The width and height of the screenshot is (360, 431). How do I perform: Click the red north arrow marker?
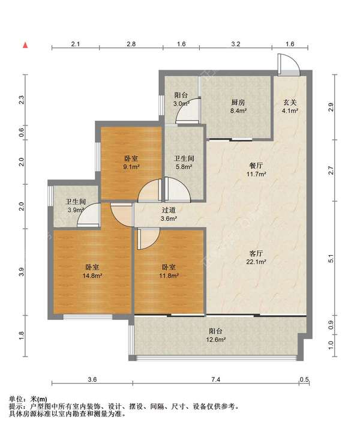[x=25, y=45]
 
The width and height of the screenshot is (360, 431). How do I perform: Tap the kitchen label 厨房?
[x=238, y=103]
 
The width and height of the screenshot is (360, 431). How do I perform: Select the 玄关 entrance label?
[x=290, y=103]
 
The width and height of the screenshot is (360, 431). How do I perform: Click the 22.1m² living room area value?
[x=256, y=262]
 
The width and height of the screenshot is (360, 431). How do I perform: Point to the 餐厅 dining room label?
[x=256, y=166]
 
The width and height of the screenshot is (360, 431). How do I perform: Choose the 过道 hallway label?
[x=169, y=210]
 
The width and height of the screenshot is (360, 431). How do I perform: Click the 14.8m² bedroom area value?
[x=92, y=276]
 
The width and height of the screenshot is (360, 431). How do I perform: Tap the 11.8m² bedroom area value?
[x=169, y=276]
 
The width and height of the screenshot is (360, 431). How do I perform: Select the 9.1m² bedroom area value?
[x=131, y=166]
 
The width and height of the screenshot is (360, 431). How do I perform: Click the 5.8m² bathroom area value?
[x=184, y=166]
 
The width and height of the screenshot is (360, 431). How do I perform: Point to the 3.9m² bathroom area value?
[x=76, y=210]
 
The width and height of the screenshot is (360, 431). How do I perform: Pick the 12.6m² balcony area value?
[x=216, y=340]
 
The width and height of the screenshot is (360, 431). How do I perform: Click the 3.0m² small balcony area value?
[x=181, y=104]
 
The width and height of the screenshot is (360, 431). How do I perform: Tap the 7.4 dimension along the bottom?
[x=216, y=379]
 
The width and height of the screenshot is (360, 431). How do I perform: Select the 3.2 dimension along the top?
[x=236, y=44]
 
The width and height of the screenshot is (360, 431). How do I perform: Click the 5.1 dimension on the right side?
[x=331, y=259]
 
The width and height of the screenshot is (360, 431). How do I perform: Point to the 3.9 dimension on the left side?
[x=22, y=272]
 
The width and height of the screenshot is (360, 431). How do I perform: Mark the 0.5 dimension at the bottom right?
[x=304, y=379]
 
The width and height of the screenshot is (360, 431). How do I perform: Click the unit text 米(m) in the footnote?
[x=38, y=399]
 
